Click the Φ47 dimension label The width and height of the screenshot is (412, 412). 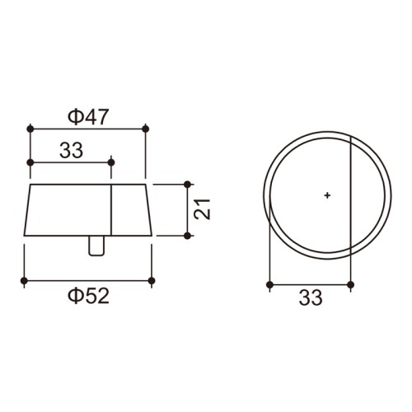(x=88, y=117)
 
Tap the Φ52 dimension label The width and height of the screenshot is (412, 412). (x=89, y=296)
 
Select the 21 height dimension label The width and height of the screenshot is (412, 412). (x=202, y=209)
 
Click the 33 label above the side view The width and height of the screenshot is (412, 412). (x=71, y=150)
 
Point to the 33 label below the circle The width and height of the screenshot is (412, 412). (x=311, y=297)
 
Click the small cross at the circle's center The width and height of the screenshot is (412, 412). (x=327, y=195)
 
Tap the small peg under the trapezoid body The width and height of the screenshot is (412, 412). (x=96, y=246)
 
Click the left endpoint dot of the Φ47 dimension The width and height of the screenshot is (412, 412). (x=30, y=129)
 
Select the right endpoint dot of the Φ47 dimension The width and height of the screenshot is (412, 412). (x=146, y=129)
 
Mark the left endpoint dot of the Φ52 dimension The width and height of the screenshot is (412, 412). (x=24, y=281)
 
